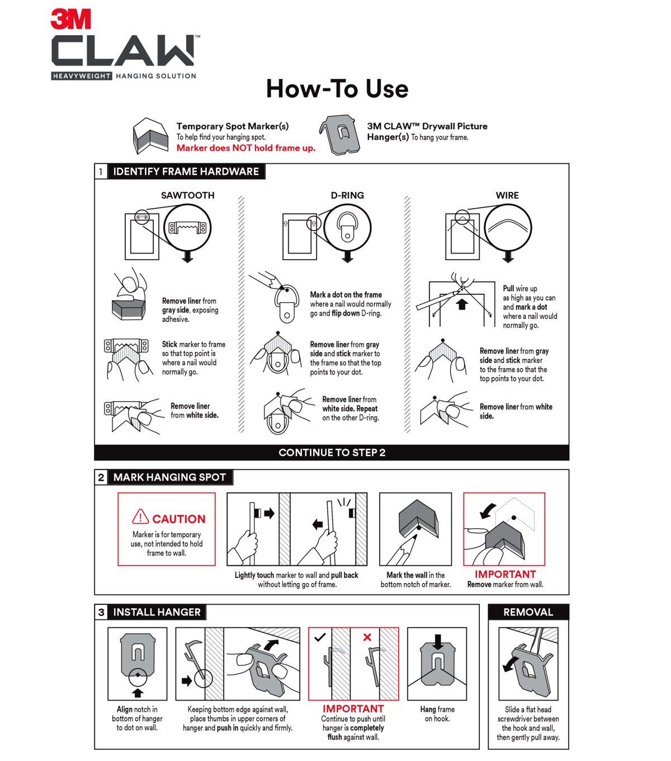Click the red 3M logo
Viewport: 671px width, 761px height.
pos(70,20)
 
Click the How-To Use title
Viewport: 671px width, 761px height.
pos(337,89)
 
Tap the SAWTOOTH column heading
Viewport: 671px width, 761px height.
pos(187,195)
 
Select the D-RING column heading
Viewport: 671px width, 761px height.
pos(347,195)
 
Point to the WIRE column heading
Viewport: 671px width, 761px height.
pos(507,195)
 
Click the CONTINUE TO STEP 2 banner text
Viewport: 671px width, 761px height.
pos(332,453)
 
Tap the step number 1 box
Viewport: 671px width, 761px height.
pos(101,172)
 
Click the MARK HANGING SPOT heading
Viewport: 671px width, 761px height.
pos(169,477)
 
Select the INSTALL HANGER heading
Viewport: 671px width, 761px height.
pos(157,612)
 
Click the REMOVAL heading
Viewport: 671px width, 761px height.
pos(528,612)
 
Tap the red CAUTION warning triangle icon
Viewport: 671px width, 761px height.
pos(140,517)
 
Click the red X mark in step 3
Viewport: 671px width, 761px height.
pos(367,637)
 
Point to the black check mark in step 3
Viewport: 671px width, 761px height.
pos(320,637)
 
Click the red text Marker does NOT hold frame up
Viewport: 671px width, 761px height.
pos(246,148)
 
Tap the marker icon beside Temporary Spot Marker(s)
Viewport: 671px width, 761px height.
pos(150,137)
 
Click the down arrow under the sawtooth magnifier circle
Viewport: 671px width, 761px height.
pos(188,257)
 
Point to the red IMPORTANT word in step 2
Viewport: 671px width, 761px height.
pos(505,574)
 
